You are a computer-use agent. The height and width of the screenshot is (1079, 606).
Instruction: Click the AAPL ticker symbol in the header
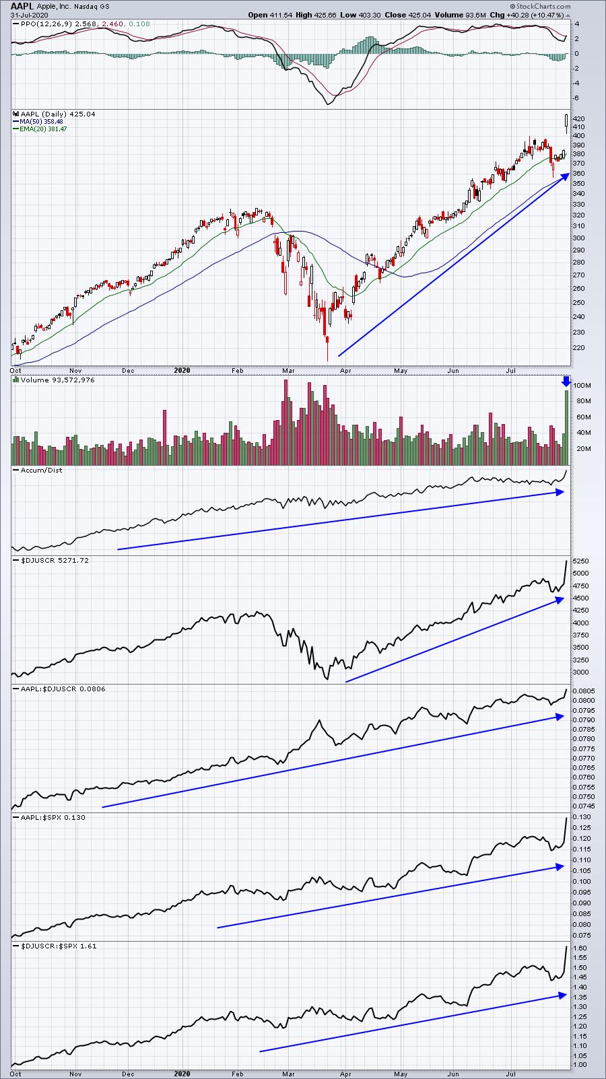pos(22,5)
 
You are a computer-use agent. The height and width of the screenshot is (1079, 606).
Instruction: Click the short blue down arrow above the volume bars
pos(566,381)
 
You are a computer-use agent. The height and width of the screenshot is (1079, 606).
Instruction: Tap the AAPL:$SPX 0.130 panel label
pos(50,817)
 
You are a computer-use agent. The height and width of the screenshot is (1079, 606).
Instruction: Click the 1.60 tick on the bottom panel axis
pos(580,948)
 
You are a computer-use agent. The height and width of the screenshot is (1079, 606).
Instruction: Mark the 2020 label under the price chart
pos(182,370)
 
